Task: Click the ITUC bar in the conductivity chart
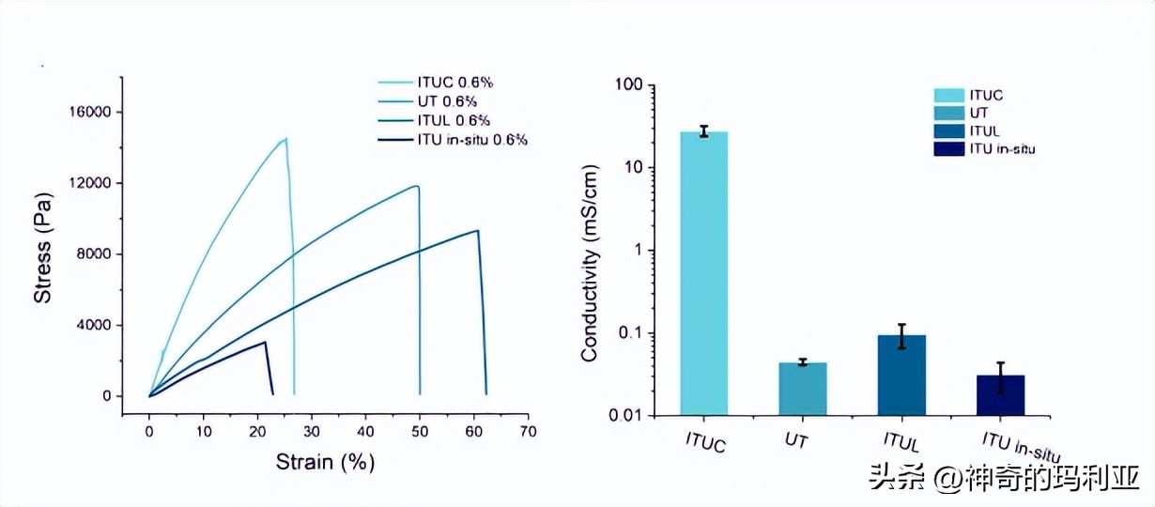tap(703, 272)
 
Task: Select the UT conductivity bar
tap(803, 389)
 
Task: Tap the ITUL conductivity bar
tap(901, 375)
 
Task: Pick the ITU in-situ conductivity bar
tap(1000, 394)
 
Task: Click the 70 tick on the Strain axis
tap(529, 431)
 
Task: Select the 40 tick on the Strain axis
tap(366, 431)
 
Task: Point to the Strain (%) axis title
tap(325, 462)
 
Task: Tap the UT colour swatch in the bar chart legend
tap(949, 113)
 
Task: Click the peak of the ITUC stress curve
tap(285, 139)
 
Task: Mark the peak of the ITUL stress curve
tap(478, 231)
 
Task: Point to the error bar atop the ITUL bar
tap(901, 336)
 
